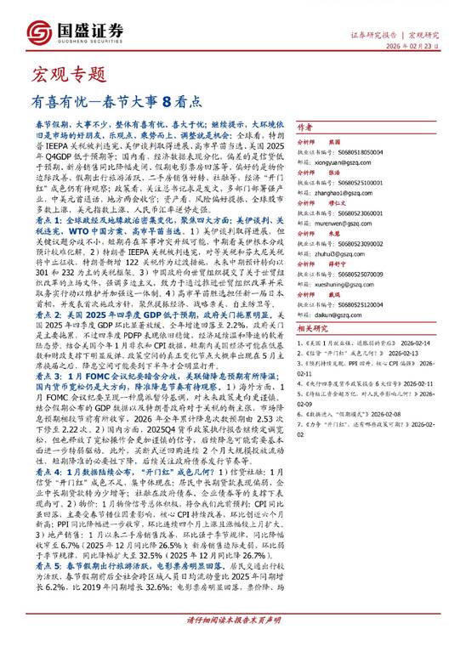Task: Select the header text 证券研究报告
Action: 376,35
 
